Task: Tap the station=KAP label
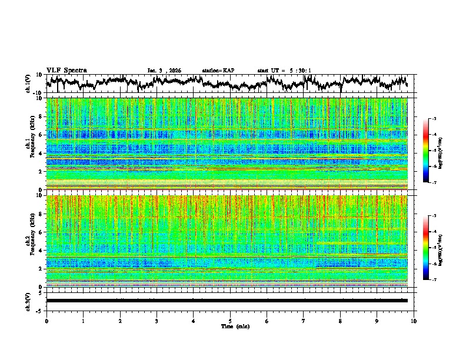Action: point(218,71)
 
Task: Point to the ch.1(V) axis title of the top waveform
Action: point(29,84)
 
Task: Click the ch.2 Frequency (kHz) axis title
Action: point(29,240)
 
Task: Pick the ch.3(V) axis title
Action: point(29,301)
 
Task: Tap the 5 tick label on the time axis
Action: point(230,321)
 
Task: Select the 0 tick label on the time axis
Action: point(46,321)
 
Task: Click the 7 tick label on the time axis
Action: point(304,321)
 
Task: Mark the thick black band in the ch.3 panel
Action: point(227,301)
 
